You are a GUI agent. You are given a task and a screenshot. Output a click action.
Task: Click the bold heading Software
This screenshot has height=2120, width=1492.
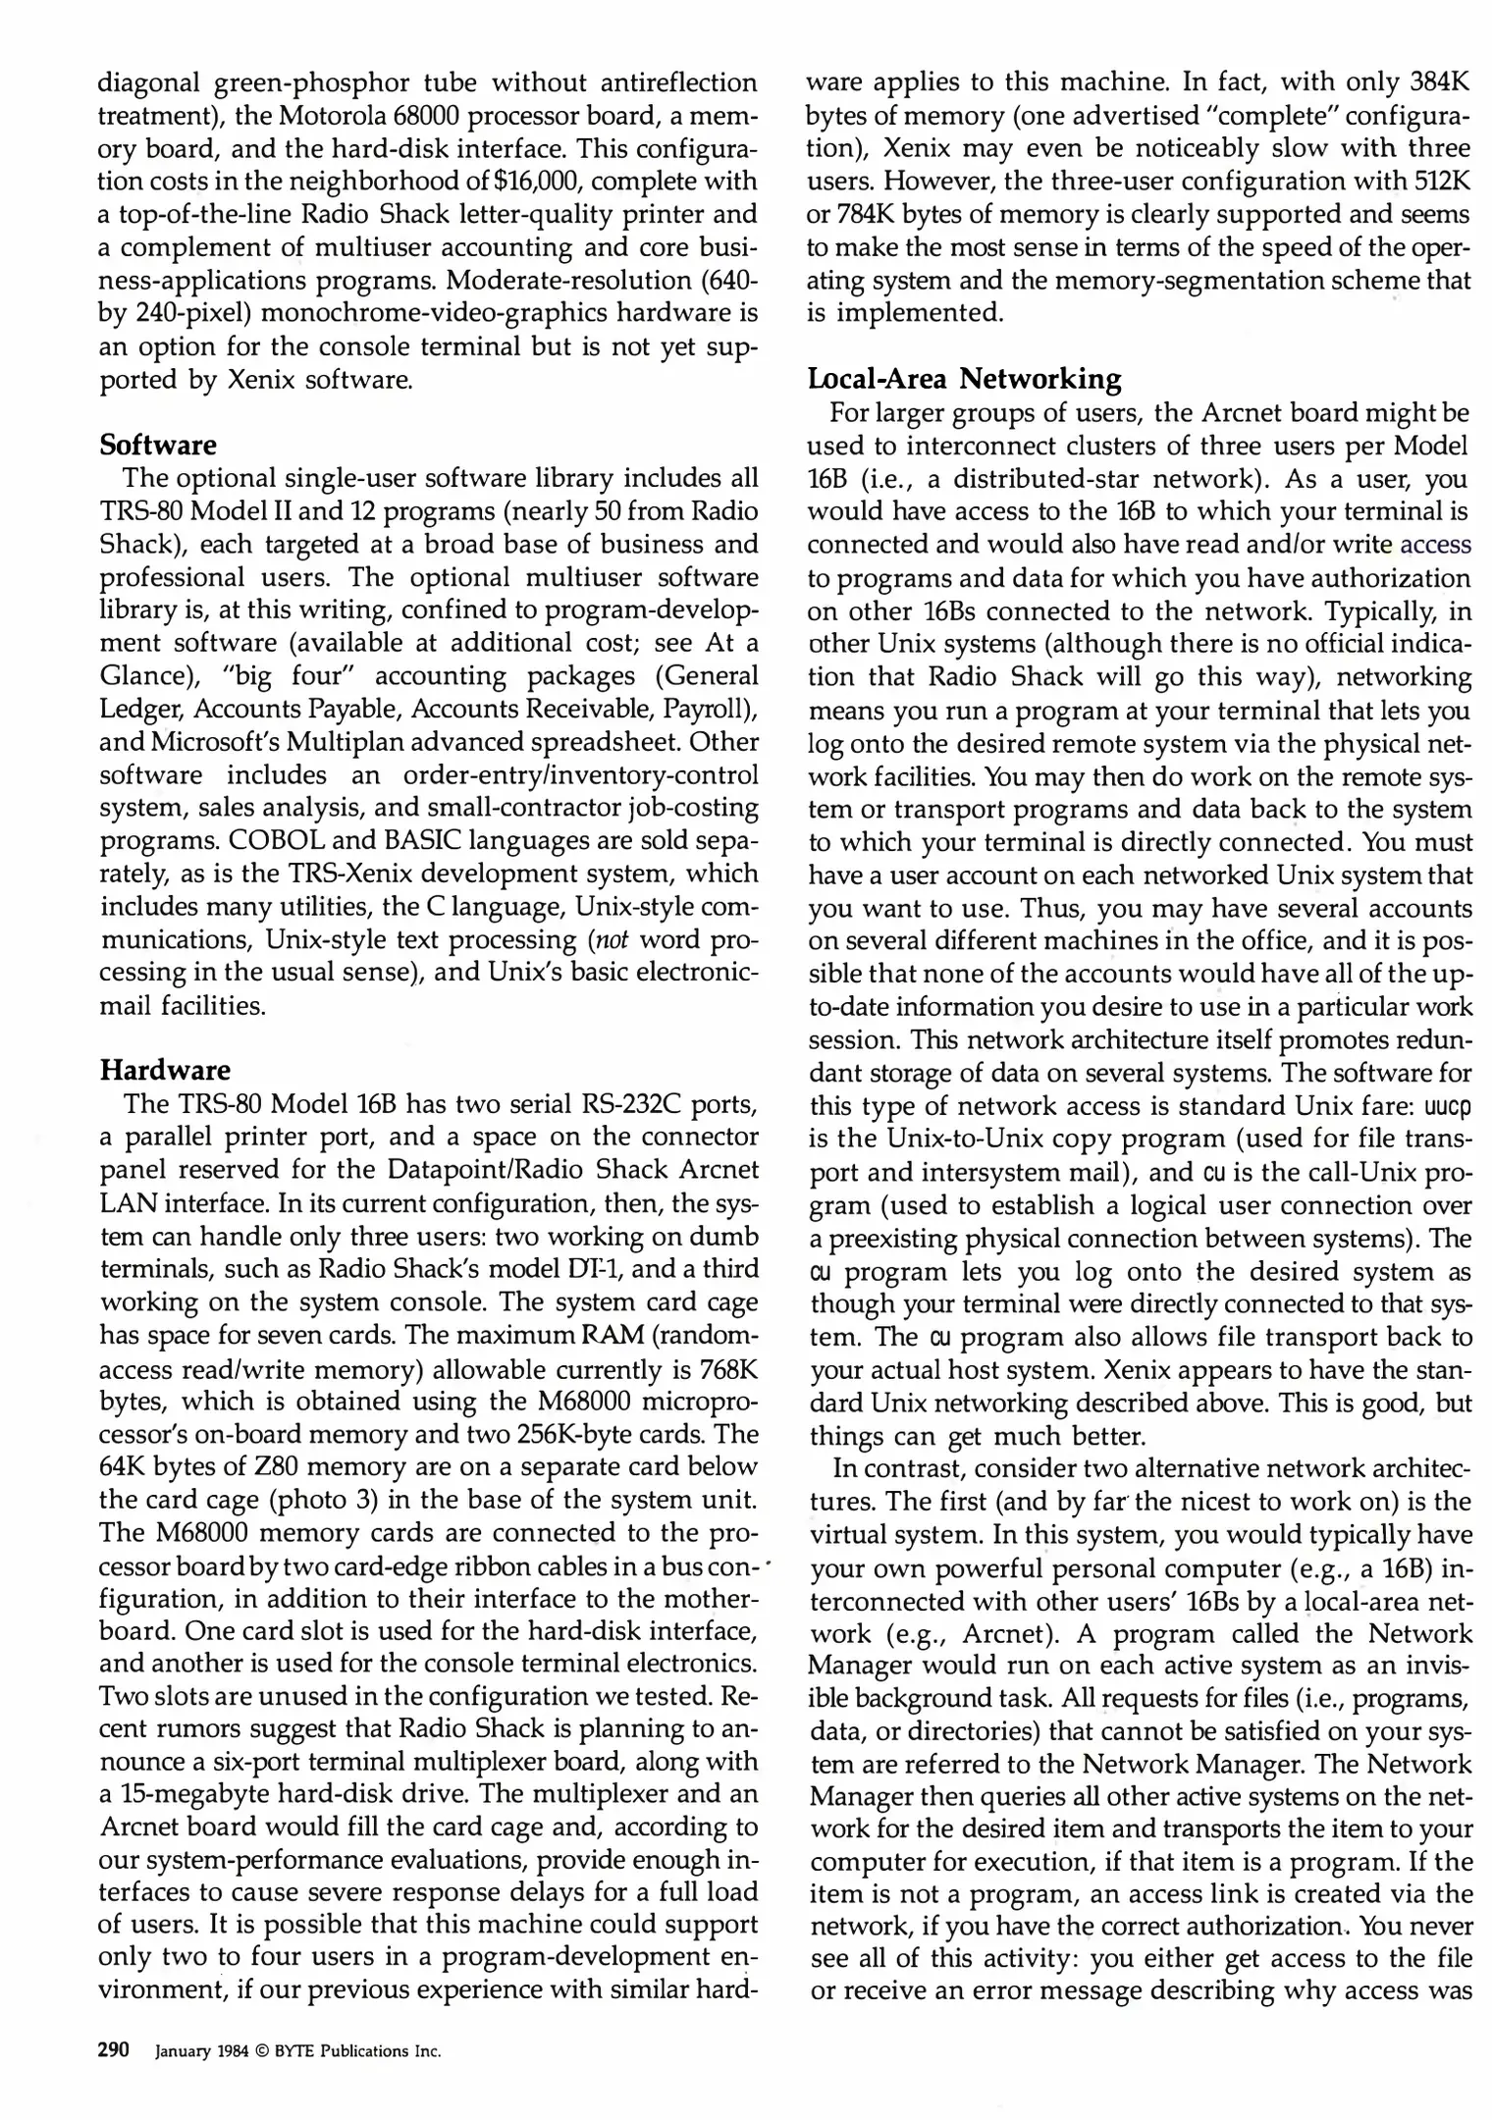pyautogui.click(x=158, y=445)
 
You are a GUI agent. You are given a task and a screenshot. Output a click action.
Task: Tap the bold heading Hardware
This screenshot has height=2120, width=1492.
pyautogui.click(x=165, y=1069)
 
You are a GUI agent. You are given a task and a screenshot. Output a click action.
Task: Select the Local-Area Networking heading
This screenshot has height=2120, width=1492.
pyautogui.click(x=964, y=378)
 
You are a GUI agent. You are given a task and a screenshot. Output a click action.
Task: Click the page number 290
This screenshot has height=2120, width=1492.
pyautogui.click(x=114, y=2050)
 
